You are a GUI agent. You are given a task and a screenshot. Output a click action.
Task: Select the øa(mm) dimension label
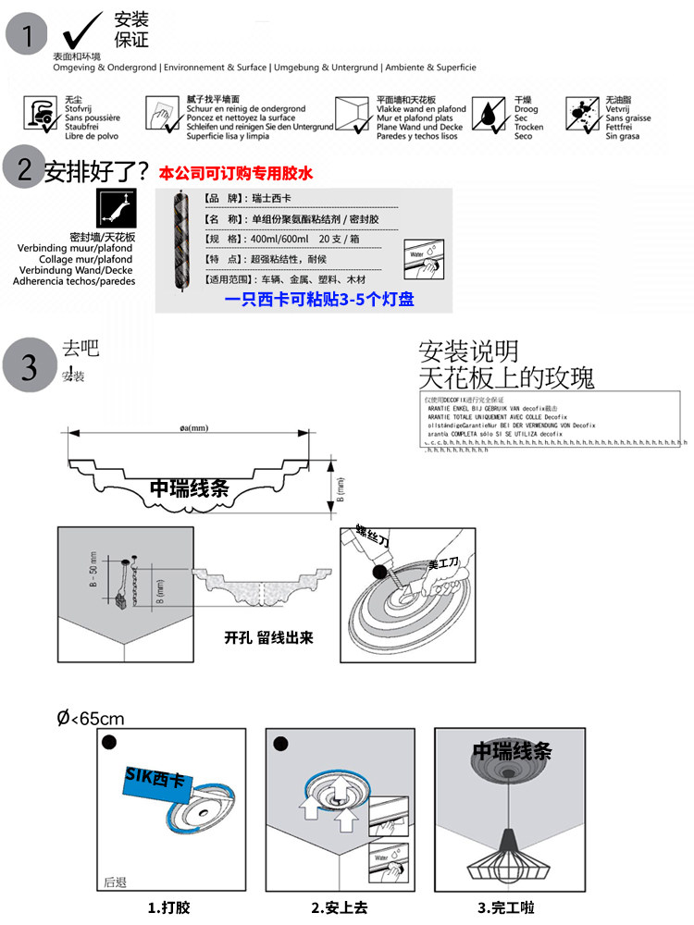click(195, 426)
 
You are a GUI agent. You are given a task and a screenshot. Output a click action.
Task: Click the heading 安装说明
click(468, 351)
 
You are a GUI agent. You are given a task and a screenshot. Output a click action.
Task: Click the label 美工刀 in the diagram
click(443, 563)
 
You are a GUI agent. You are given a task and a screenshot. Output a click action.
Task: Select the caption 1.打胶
click(170, 907)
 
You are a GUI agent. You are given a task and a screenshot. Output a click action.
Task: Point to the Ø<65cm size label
click(91, 718)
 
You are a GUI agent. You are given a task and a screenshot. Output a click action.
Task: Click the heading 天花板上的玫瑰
click(506, 377)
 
